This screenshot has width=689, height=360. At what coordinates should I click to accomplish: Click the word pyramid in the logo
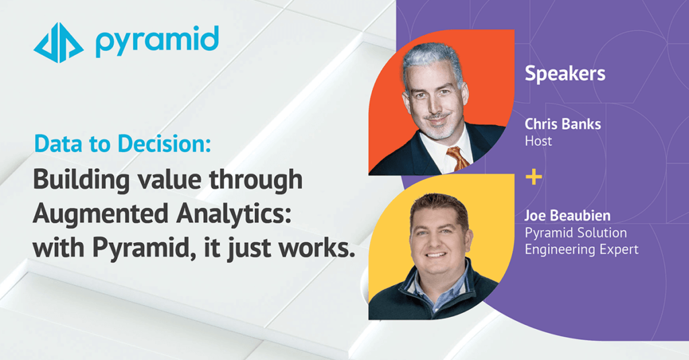click(x=157, y=41)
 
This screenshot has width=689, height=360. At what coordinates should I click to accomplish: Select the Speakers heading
click(x=565, y=73)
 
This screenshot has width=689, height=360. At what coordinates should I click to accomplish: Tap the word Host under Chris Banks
click(x=538, y=141)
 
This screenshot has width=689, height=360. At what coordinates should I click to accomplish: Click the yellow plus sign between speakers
click(x=534, y=178)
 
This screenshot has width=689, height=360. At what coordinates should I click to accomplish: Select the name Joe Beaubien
click(x=567, y=217)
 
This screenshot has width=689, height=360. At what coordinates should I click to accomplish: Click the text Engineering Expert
click(x=581, y=250)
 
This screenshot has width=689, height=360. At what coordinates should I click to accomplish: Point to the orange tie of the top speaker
click(x=458, y=157)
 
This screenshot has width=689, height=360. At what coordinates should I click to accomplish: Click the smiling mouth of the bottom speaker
click(x=437, y=254)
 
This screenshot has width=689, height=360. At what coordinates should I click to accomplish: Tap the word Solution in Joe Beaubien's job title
click(x=600, y=233)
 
